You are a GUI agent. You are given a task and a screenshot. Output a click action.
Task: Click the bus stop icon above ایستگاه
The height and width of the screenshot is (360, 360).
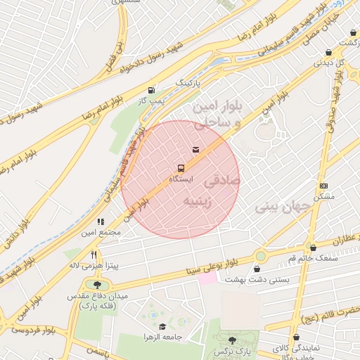point(181,168)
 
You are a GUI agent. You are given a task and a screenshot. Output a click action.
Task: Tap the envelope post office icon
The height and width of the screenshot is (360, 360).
point(195,149)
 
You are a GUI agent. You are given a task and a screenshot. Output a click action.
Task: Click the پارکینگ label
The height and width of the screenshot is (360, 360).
point(193,83)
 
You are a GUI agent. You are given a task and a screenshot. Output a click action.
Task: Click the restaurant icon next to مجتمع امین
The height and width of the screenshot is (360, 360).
point(101,221)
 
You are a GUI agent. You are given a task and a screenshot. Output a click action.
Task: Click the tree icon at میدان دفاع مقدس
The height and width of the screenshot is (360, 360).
point(96,285)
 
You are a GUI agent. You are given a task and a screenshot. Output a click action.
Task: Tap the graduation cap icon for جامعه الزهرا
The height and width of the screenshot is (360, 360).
point(163,326)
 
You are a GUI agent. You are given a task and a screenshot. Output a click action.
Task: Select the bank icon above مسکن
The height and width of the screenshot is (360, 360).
point(323,186)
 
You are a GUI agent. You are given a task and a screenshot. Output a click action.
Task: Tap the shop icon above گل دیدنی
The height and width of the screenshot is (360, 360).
point(328,51)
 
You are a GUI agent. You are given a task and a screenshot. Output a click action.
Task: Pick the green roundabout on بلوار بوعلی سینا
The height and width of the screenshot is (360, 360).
point(262,257)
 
